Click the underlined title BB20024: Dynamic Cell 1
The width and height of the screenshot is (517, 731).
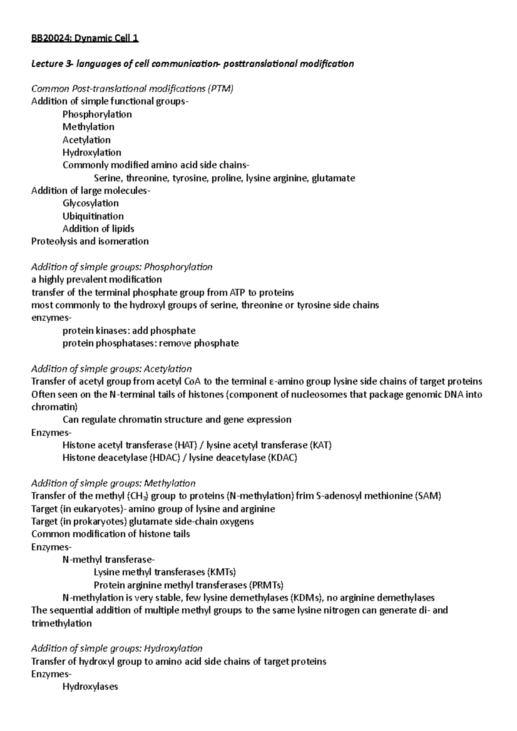click(85, 39)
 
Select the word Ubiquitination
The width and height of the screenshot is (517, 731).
click(93, 216)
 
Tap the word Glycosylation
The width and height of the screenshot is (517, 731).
click(90, 203)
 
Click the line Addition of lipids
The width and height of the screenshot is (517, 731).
click(98, 229)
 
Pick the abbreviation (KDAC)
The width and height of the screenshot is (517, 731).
click(283, 458)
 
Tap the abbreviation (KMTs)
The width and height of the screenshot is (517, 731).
click(221, 573)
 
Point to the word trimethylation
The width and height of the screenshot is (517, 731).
click(62, 623)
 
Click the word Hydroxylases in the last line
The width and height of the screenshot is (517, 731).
click(90, 687)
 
